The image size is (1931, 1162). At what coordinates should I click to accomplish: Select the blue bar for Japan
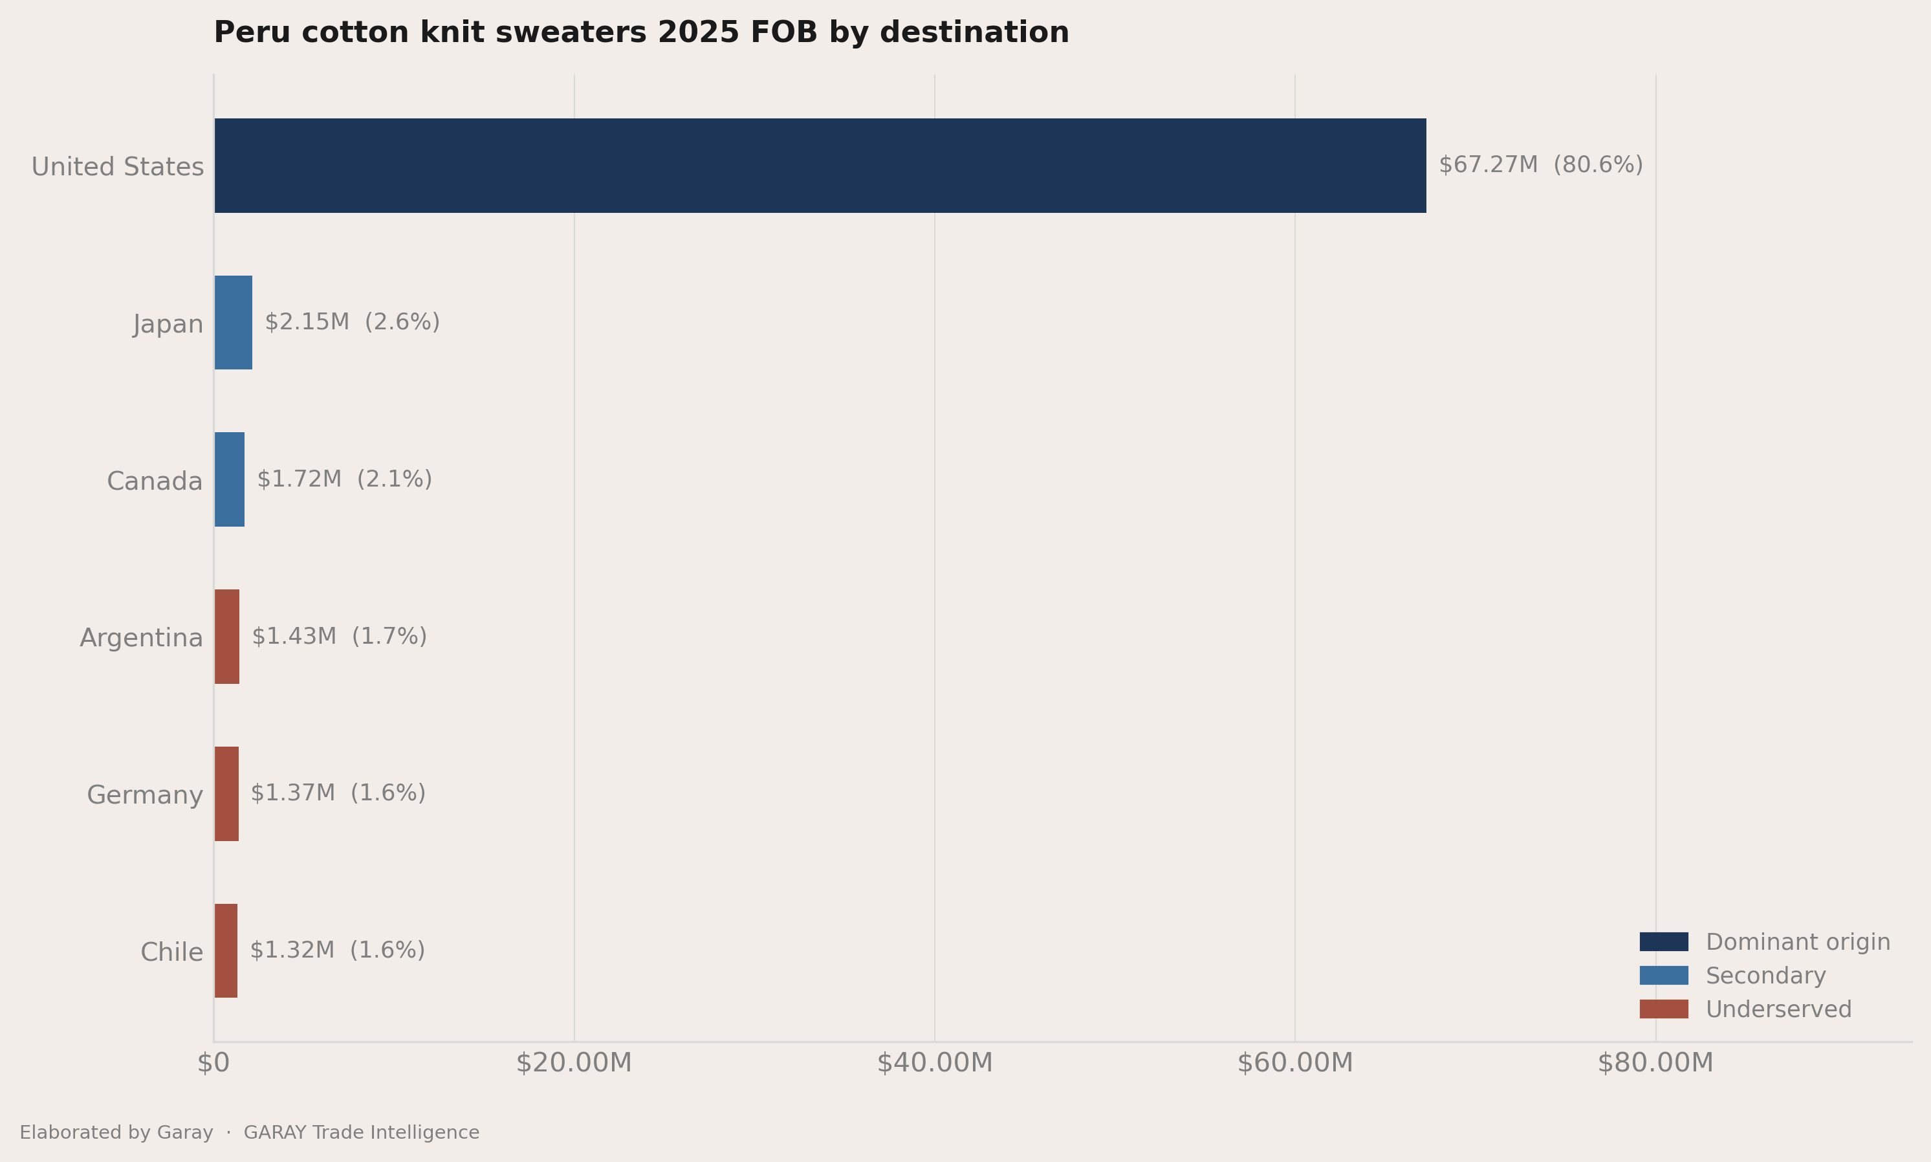tap(234, 323)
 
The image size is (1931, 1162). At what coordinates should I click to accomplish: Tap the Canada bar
tap(230, 479)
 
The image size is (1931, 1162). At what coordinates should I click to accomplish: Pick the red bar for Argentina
tap(227, 637)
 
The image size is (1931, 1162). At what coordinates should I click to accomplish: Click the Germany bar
tap(226, 794)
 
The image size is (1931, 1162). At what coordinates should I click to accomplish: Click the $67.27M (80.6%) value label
tap(1540, 165)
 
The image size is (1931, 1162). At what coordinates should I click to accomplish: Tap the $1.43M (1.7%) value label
tap(339, 637)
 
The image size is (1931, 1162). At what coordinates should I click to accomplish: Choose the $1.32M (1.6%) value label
tap(337, 950)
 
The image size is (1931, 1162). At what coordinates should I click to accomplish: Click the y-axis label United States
tap(117, 167)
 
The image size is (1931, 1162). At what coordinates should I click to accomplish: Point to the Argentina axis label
tap(141, 638)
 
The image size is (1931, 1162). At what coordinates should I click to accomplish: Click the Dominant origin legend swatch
tap(1664, 942)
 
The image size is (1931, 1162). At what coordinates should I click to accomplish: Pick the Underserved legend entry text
tap(1778, 1009)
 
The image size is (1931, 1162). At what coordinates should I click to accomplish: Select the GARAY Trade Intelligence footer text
tap(362, 1133)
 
